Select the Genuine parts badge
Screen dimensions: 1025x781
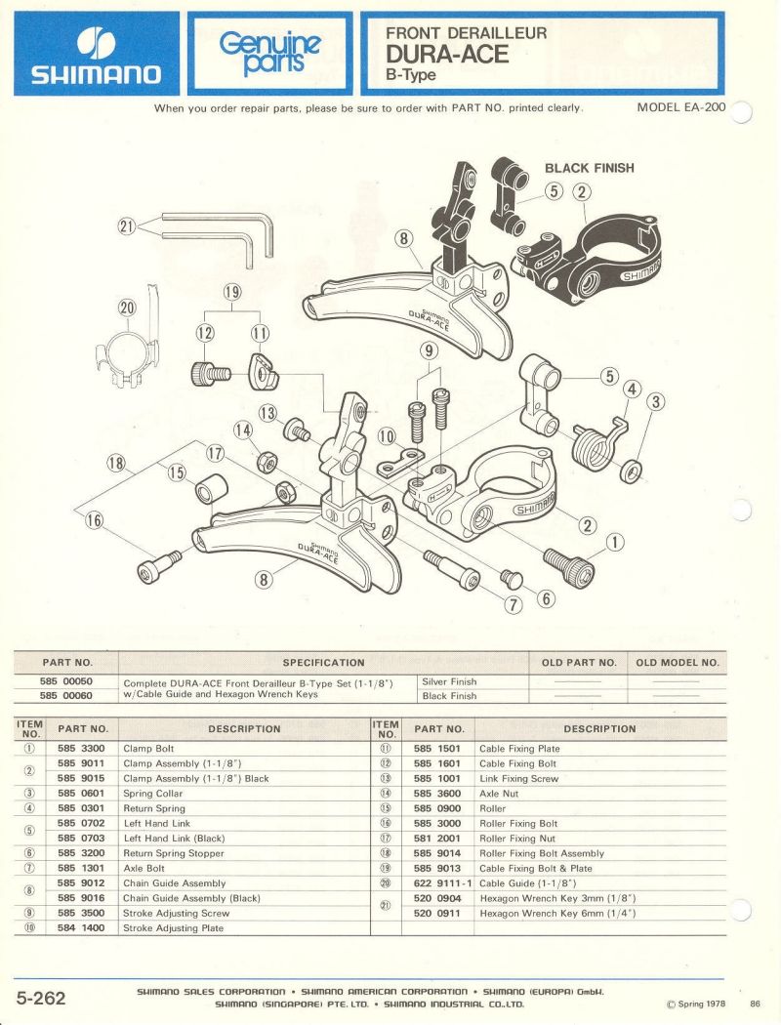pos(269,54)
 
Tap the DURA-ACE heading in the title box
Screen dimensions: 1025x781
pos(448,55)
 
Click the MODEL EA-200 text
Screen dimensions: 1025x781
pos(681,106)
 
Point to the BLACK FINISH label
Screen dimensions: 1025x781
pos(589,168)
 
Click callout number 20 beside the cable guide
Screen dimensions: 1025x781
pos(128,307)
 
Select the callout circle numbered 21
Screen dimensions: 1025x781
pos(125,226)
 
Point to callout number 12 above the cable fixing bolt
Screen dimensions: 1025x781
pos(206,333)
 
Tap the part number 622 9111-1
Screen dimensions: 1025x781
pos(444,883)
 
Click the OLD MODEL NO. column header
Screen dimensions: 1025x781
pos(677,663)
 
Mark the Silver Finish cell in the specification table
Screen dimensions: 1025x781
pos(450,681)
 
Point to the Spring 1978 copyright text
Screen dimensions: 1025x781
pos(698,1004)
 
